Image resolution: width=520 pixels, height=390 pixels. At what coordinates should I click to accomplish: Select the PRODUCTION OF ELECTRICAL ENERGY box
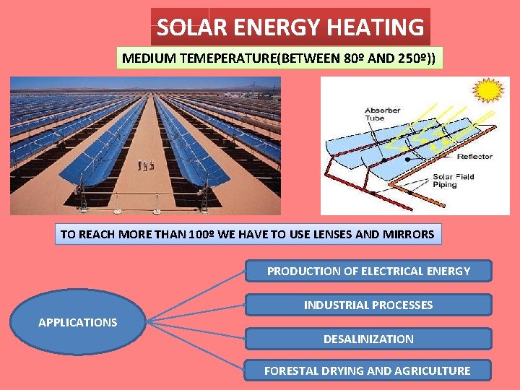tap(368, 272)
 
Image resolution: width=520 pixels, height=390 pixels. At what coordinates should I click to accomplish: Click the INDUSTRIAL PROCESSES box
tap(368, 305)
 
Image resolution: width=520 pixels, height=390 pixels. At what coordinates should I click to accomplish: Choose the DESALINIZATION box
tap(368, 339)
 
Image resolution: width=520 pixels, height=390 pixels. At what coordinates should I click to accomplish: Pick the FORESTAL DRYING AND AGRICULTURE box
tap(367, 370)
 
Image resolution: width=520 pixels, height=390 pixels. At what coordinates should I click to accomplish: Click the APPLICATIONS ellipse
tap(77, 322)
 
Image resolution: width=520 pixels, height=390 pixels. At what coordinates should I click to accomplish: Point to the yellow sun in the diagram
tap(488, 90)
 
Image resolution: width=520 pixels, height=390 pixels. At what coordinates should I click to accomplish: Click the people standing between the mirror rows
tap(146, 165)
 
